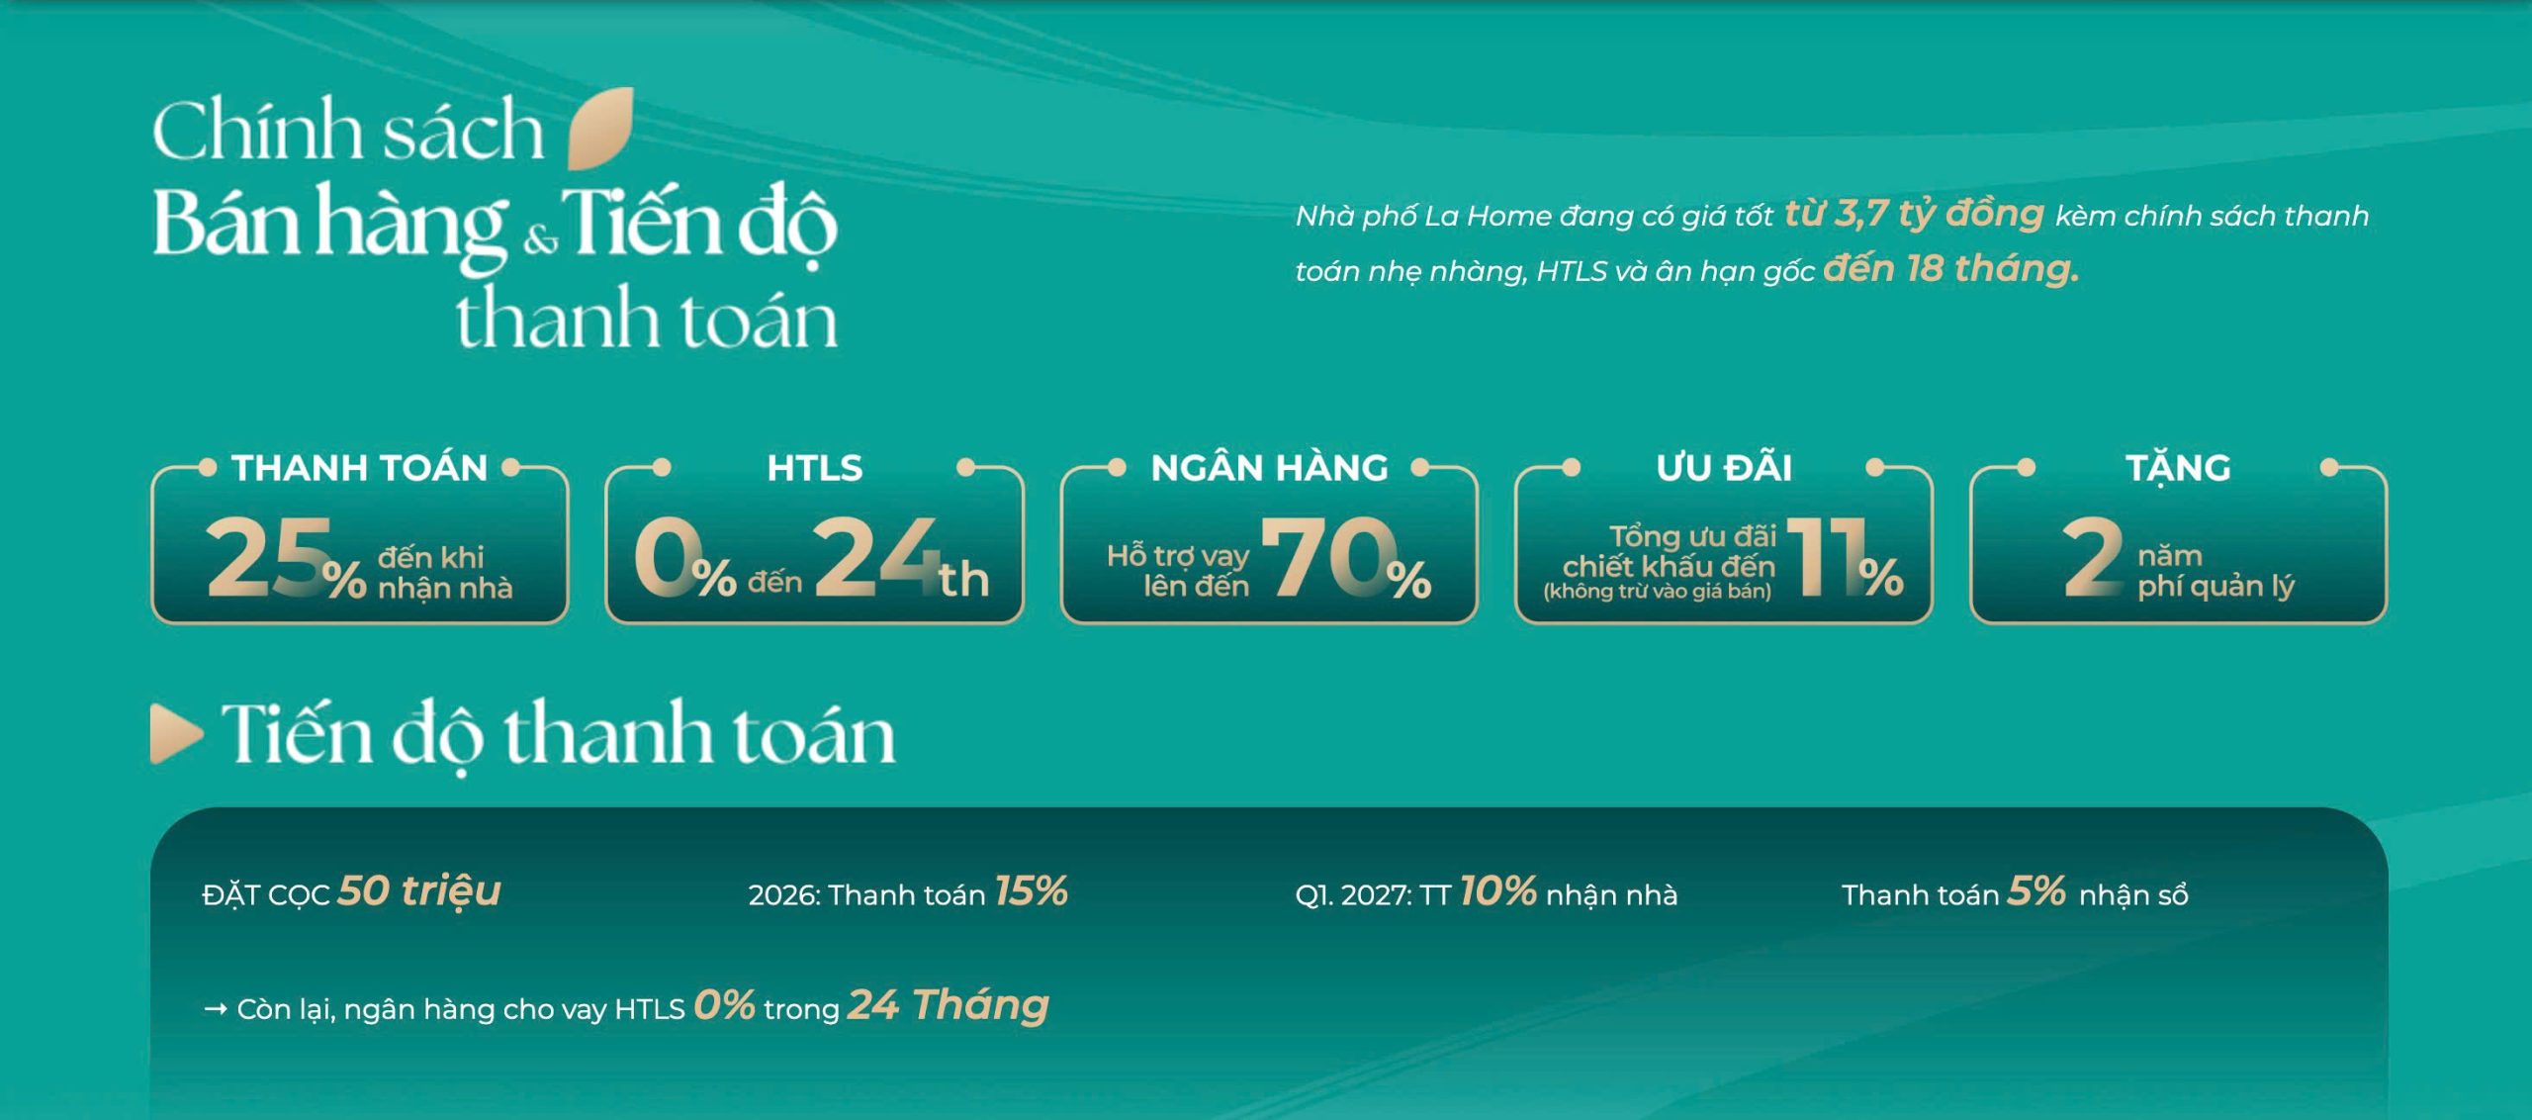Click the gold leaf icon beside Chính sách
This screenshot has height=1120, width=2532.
click(600, 128)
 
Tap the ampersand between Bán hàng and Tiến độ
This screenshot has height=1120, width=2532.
click(540, 240)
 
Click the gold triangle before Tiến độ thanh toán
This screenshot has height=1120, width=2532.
click(176, 733)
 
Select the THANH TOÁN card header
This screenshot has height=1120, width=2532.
click(360, 467)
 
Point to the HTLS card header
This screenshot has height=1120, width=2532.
click(815, 467)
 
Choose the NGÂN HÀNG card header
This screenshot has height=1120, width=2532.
click(1270, 467)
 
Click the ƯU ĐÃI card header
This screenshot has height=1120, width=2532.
click(1724, 467)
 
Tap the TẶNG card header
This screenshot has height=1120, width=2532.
click(2179, 467)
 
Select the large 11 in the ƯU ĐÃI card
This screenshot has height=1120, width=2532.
click(1822, 557)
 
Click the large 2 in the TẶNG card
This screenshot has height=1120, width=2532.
click(2092, 557)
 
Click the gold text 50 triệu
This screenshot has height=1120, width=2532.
click(419, 890)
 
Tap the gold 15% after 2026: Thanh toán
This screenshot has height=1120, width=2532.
click(1031, 891)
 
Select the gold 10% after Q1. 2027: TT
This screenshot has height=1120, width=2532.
click(1497, 891)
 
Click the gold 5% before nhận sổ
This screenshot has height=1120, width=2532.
click(2036, 891)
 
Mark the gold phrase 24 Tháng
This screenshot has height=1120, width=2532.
click(949, 1005)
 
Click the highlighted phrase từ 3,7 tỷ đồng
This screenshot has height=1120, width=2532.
click(1914, 214)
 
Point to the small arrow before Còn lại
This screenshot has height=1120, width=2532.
click(215, 1009)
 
